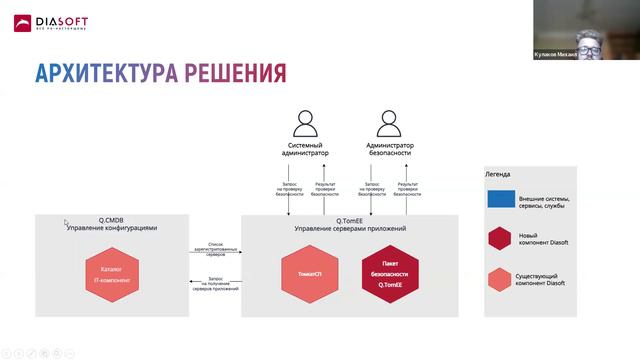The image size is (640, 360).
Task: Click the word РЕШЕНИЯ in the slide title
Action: pos(237,73)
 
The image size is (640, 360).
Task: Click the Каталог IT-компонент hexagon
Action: pos(111,276)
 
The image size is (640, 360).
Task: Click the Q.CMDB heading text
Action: pos(111,219)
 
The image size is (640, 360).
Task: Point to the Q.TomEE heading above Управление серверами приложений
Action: pos(349,219)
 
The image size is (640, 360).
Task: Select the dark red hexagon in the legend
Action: pos(501,238)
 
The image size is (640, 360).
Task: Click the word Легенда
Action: pos(498,174)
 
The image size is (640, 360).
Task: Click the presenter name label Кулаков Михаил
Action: pos(586,56)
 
